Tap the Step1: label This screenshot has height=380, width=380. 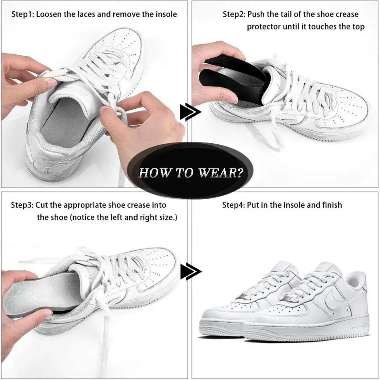(x=23, y=15)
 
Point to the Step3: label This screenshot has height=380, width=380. (x=22, y=205)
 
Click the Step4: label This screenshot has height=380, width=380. (x=234, y=205)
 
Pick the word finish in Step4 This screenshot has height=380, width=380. (x=332, y=205)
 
